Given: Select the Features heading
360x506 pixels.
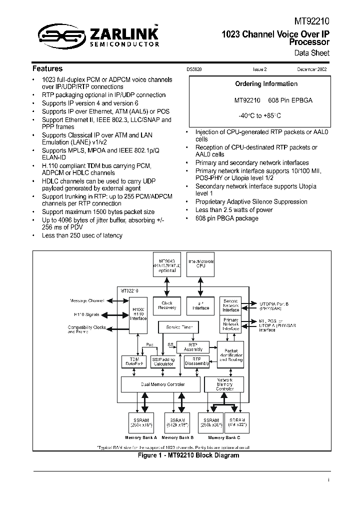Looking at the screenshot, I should point(47,68).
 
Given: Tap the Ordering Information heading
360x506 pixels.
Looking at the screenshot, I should point(266,84).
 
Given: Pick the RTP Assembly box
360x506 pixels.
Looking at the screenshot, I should point(193,346).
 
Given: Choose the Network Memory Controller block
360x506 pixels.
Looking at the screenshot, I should point(224,384).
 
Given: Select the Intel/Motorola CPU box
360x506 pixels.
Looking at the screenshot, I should point(200,263).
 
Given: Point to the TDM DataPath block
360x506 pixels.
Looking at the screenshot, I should point(133,361).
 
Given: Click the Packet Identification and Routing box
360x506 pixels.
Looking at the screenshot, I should point(230,354).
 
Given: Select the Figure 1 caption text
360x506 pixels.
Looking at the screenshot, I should point(188,455).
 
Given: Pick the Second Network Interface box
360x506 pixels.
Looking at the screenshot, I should point(230,305).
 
